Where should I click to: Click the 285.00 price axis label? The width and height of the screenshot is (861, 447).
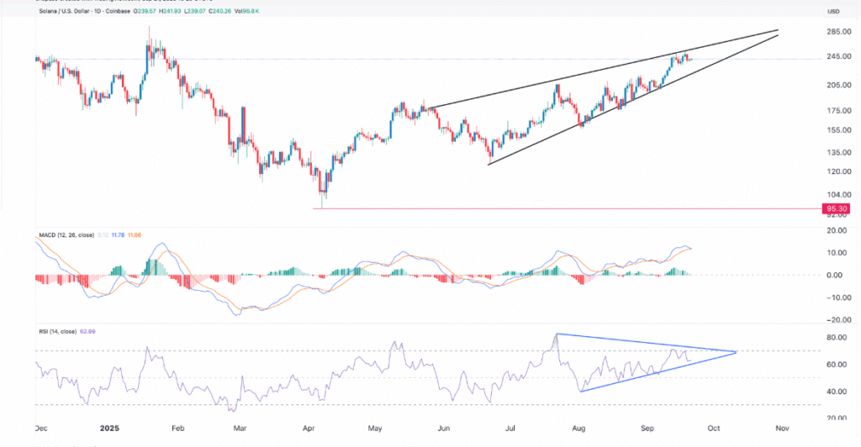[x=835, y=32]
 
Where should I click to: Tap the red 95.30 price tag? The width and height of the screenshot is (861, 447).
[x=835, y=208]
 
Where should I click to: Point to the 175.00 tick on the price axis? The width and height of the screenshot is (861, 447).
[x=835, y=111]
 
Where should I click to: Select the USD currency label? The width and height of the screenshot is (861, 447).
[x=834, y=11]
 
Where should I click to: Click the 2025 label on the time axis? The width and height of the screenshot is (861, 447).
[x=110, y=427]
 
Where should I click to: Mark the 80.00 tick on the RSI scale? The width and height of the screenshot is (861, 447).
[x=835, y=337]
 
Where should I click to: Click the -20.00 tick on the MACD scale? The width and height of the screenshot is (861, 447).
[x=835, y=319]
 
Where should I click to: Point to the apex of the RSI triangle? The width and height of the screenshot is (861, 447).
[x=737, y=351]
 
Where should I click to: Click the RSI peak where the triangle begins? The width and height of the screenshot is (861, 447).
[x=557, y=334]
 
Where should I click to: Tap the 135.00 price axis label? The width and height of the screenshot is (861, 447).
[x=835, y=152]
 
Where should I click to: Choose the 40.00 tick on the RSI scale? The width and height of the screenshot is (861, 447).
[x=835, y=391]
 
